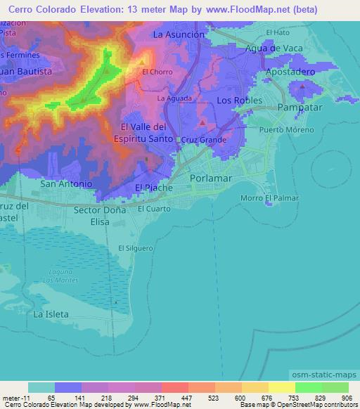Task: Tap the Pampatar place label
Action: [x=300, y=107]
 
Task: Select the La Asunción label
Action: [x=179, y=34]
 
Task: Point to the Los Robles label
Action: [x=234, y=100]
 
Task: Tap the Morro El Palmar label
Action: [x=270, y=198]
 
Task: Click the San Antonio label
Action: [x=66, y=183]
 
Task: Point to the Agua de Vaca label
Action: [x=273, y=48]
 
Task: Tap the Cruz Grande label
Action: [x=204, y=140]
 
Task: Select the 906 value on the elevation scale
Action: [x=345, y=398]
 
